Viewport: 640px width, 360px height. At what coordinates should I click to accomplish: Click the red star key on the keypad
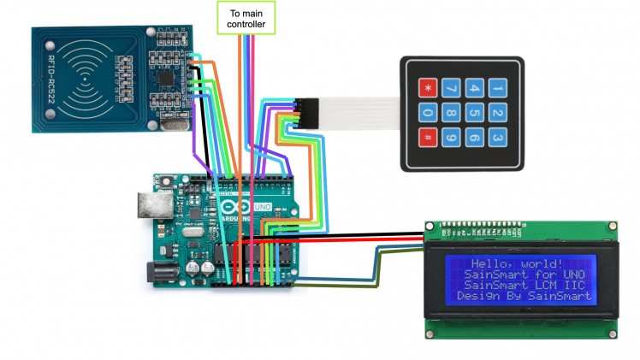click(x=426, y=87)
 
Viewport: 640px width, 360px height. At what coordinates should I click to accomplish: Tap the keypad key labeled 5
click(x=474, y=112)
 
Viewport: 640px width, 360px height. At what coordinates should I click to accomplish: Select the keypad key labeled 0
click(x=426, y=112)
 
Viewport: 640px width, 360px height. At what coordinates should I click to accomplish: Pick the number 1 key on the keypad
click(x=498, y=87)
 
